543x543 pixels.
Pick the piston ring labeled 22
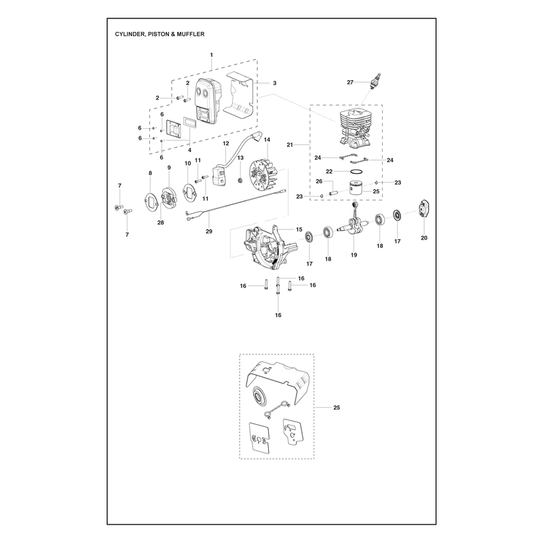tap(357, 172)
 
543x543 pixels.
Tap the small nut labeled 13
tap(240, 180)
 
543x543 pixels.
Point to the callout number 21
tap(290, 145)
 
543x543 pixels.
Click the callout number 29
tap(209, 231)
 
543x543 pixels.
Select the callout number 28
tap(161, 223)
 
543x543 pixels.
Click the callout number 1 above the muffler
tap(212, 55)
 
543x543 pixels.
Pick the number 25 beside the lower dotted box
tap(337, 408)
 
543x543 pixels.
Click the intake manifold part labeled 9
tap(169, 198)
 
